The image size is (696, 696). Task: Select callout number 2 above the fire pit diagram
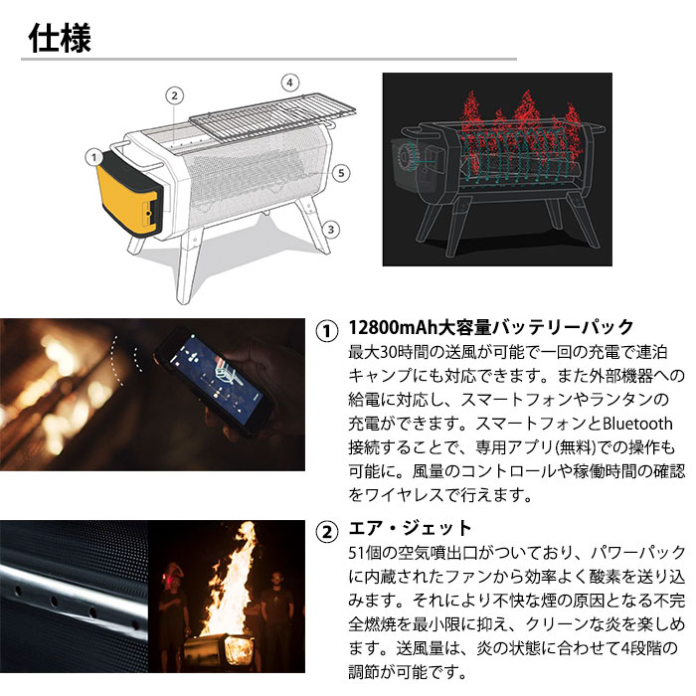pyautogui.click(x=174, y=95)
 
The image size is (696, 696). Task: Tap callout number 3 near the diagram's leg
pyautogui.click(x=332, y=229)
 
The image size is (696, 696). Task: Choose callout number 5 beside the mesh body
pyautogui.click(x=341, y=173)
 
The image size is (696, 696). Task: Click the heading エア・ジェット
pyautogui.click(x=410, y=528)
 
